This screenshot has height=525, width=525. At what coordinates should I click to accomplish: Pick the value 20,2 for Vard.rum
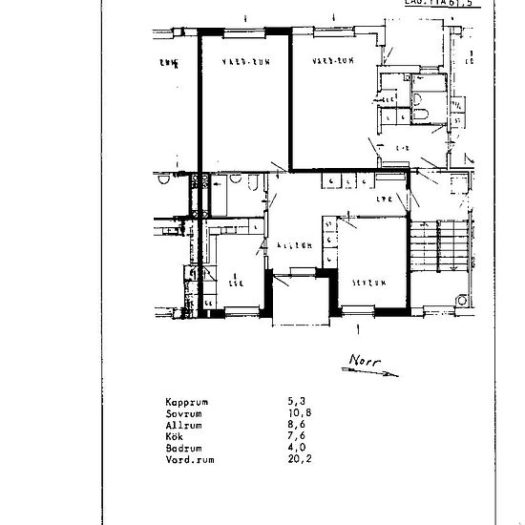tap(298, 458)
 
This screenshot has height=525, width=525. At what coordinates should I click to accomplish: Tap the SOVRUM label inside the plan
tap(367, 283)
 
